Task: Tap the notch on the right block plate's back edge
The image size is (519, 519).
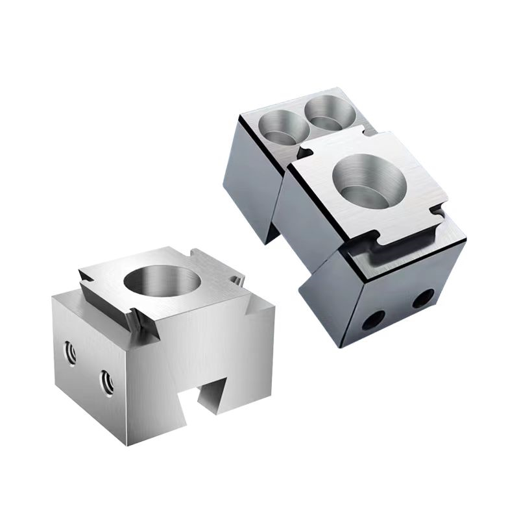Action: point(370,135)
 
